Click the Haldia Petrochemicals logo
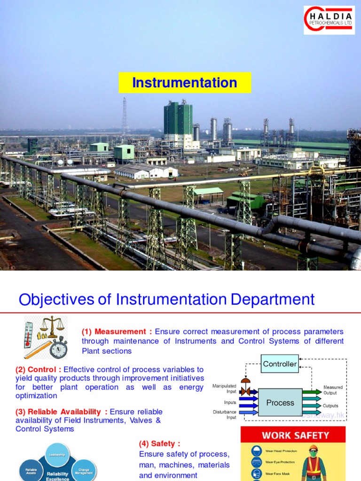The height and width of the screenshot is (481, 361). (329, 20)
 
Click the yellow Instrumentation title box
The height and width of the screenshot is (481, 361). (185, 83)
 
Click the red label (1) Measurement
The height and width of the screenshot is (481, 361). (117, 332)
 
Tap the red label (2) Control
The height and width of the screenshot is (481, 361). (39, 369)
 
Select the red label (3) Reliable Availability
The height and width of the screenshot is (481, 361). (61, 411)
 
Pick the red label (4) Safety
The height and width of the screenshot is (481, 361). (159, 443)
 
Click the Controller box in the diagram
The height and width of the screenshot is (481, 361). (280, 364)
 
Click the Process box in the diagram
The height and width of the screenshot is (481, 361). (280, 403)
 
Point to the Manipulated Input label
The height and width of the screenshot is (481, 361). (224, 388)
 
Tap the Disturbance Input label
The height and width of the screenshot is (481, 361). (225, 415)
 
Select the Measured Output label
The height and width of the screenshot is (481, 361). (333, 390)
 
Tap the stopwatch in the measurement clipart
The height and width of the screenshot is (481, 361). (59, 348)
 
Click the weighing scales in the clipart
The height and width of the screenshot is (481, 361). (52, 326)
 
